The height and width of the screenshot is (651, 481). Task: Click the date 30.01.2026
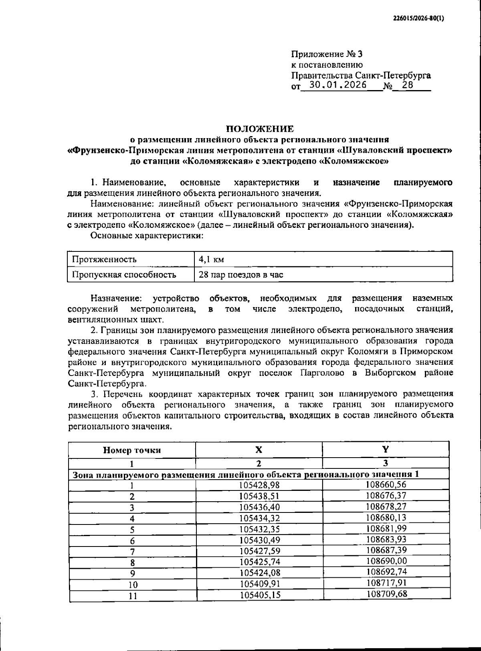point(338,85)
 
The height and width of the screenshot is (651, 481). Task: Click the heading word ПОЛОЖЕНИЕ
point(260,129)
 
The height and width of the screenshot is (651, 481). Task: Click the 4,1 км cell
point(211,259)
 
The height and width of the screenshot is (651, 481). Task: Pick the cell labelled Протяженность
point(104,259)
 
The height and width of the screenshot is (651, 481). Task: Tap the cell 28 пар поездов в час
point(241,275)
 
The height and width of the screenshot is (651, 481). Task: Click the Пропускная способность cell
point(124,275)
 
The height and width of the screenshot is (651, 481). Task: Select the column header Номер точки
point(132,450)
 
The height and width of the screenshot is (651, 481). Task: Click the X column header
point(259,449)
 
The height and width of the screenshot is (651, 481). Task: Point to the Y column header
point(385,449)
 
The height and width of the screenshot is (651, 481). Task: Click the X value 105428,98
point(259,485)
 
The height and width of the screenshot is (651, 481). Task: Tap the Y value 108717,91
point(386,583)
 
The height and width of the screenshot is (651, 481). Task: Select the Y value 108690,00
point(386,561)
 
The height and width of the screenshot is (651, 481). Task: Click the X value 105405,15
point(260,595)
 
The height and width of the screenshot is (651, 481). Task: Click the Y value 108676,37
point(386,495)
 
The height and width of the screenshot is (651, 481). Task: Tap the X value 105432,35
point(259,529)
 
